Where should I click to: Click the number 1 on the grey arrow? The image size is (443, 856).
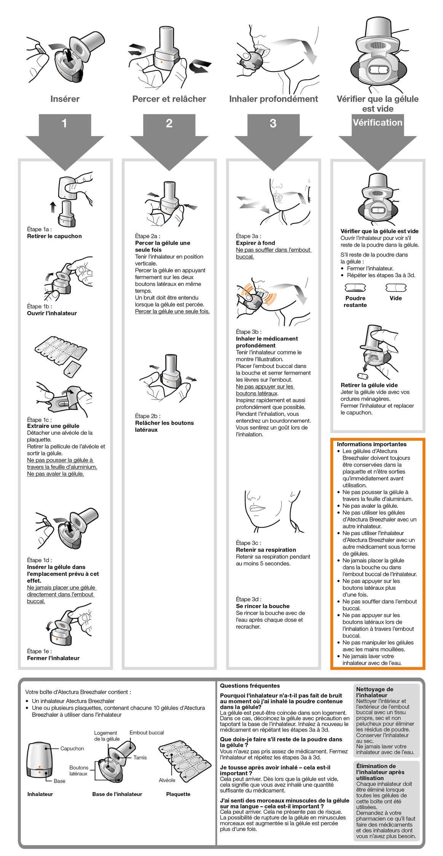click(x=64, y=123)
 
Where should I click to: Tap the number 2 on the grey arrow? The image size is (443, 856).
click(x=169, y=123)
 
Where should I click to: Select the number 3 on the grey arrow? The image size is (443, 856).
click(x=273, y=123)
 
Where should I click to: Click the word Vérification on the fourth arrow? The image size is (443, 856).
click(x=377, y=122)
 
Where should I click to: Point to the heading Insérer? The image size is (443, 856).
click(x=65, y=99)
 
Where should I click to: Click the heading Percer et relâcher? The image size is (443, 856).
click(x=169, y=99)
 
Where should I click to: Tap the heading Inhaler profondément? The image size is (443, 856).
click(x=273, y=99)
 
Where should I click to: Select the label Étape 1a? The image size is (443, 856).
click(x=39, y=229)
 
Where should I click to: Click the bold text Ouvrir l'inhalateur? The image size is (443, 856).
click(x=52, y=313)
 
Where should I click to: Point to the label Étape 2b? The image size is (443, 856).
click(x=147, y=416)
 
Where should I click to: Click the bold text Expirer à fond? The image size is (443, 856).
click(x=255, y=243)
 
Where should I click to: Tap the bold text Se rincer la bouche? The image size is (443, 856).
click(x=263, y=606)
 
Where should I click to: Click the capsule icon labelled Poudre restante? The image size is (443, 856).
click(x=355, y=288)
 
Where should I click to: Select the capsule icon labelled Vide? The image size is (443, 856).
click(x=395, y=288)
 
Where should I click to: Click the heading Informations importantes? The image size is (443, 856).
click(x=371, y=444)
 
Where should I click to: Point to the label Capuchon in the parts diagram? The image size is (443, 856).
click(x=72, y=748)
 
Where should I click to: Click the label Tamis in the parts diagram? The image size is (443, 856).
click(x=140, y=758)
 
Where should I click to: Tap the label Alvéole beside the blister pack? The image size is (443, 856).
click(x=167, y=780)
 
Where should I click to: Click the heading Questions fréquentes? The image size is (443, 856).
click(x=250, y=686)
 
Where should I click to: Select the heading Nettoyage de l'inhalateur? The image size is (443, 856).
click(x=374, y=692)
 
